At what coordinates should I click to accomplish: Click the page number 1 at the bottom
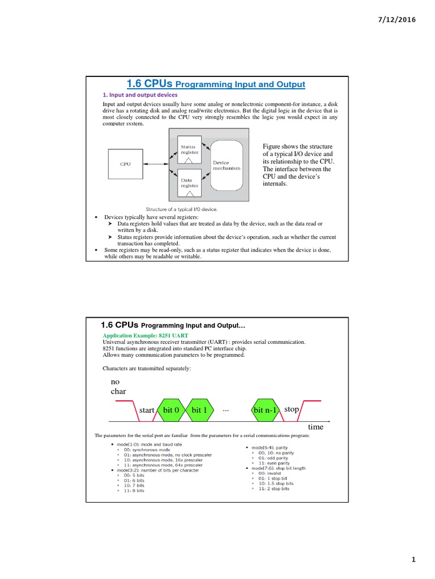414,560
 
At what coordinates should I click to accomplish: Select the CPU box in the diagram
125,164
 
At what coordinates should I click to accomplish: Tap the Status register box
190,149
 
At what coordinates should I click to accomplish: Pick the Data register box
190,182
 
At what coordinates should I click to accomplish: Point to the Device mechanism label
226,165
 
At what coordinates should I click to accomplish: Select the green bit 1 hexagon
199,409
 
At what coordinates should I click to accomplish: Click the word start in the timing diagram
147,410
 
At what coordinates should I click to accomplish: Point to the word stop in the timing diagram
292,408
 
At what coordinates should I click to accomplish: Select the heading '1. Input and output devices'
140,95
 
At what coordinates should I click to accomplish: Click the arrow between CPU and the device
155,164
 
